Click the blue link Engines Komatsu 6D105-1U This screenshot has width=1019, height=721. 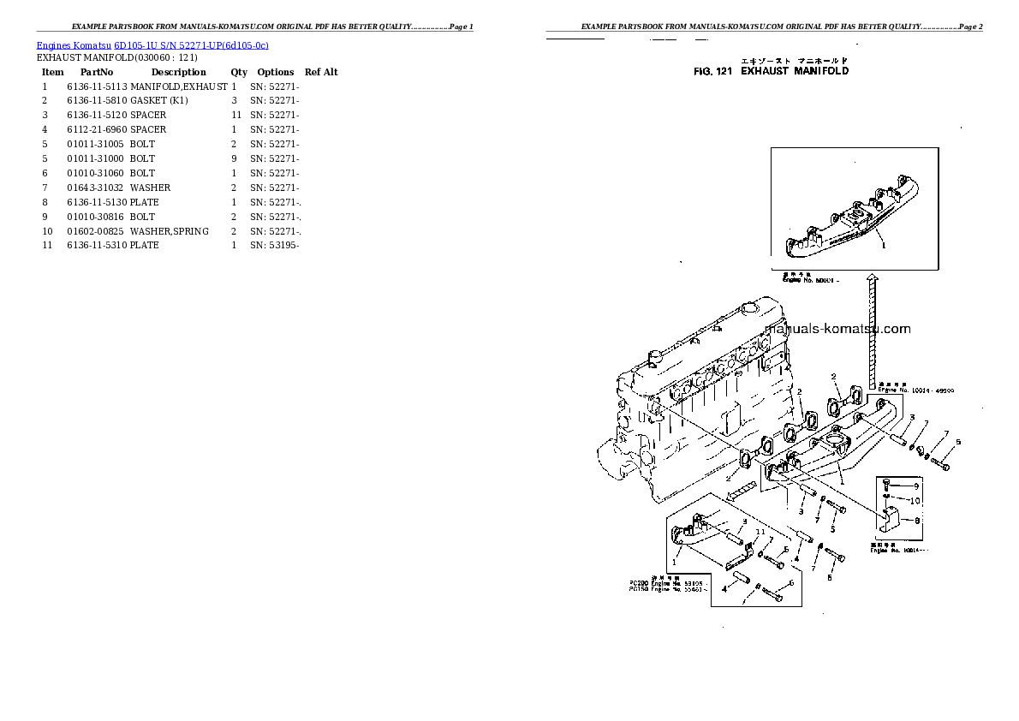(x=152, y=45)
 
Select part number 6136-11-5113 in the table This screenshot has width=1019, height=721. (x=97, y=86)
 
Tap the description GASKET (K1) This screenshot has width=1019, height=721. (x=159, y=100)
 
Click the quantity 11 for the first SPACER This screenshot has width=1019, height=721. (x=235, y=115)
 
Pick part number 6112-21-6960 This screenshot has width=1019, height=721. (x=97, y=129)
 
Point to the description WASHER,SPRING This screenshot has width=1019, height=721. (x=169, y=231)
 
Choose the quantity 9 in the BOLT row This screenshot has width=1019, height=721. (x=234, y=158)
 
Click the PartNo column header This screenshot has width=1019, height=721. (x=97, y=72)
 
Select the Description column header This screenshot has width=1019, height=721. (x=178, y=72)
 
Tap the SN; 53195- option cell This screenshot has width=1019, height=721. (x=274, y=246)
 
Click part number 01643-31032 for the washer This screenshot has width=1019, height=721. (x=95, y=188)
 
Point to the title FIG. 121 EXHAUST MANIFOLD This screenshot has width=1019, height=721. (x=771, y=71)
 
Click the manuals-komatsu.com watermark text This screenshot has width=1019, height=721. (x=837, y=329)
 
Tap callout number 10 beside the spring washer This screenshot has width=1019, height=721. (x=915, y=501)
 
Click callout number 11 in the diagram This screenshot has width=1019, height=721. (x=760, y=532)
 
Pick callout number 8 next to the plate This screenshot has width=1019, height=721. (x=917, y=520)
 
